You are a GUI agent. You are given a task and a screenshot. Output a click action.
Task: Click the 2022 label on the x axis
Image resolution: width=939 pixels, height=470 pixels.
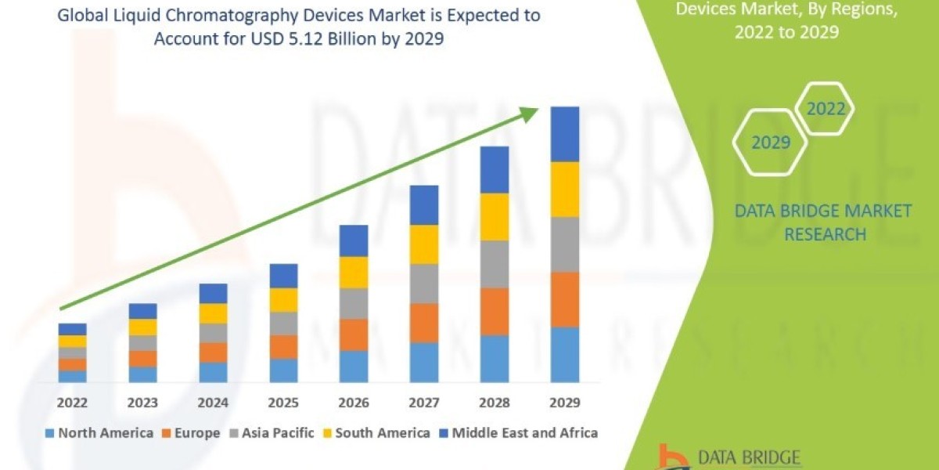pos(72,403)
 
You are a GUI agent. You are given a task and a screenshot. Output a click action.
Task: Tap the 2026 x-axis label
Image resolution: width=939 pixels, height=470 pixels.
pos(354,403)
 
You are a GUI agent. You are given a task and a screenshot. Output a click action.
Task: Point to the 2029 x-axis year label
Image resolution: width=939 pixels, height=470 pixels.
pos(565,403)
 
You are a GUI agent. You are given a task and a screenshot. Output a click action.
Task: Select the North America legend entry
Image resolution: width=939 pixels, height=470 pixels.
pos(99,432)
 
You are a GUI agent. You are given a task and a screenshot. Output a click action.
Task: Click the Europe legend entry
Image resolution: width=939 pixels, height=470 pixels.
pos(191,432)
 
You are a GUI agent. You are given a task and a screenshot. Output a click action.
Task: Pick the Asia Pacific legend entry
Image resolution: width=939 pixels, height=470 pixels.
pos(273,432)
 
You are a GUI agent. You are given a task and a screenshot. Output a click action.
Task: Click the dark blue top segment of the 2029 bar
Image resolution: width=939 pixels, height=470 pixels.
pos(565,134)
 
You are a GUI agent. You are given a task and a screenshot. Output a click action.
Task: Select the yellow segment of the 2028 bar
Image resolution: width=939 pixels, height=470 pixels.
pos(495,216)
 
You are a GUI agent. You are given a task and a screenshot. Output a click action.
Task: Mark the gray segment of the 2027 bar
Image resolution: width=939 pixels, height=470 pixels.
pos(424,284)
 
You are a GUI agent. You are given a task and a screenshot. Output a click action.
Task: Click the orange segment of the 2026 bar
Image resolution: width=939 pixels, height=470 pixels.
pos(354,334)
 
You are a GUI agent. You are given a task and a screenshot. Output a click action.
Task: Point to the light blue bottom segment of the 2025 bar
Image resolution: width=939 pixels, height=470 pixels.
pos(283,371)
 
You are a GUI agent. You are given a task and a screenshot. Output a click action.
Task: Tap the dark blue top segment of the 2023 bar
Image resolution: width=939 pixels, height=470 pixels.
pos(142,311)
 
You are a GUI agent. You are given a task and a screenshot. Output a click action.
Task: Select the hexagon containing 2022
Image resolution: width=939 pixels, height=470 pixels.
pos(826,109)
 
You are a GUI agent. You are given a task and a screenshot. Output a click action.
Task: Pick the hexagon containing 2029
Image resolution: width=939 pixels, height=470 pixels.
pos(770,143)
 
